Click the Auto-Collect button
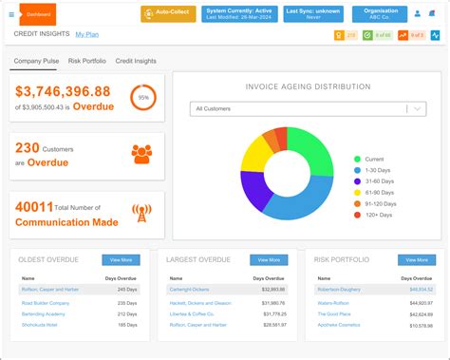click(168, 14)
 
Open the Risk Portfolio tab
click(87, 61)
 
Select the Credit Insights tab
click(136, 61)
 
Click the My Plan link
click(86, 34)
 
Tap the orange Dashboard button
click(38, 14)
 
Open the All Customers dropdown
click(308, 109)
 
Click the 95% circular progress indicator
click(143, 98)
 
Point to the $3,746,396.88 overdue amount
click(63, 91)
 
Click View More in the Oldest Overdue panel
click(122, 259)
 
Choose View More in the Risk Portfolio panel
click(414, 259)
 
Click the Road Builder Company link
click(46, 303)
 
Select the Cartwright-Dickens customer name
click(193, 289)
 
